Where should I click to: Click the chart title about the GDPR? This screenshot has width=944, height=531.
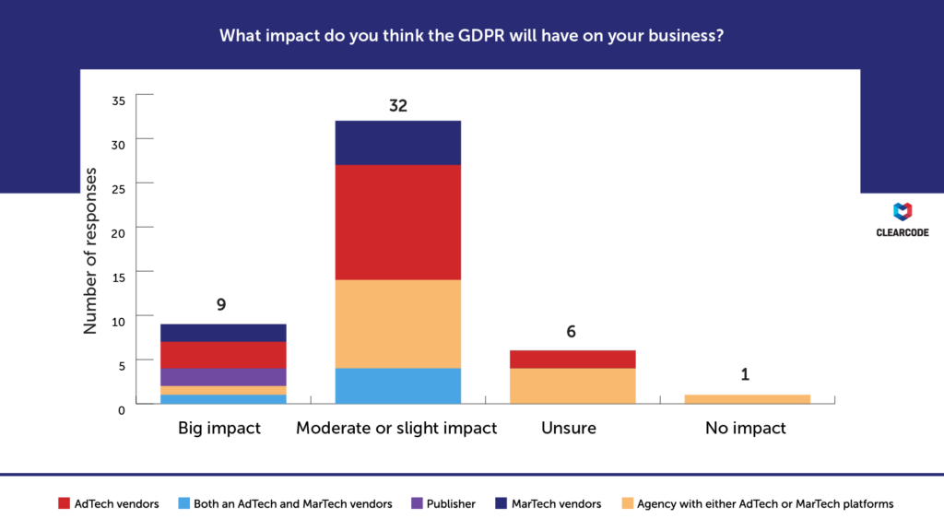pos(471,37)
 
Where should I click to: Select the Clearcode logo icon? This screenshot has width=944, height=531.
pos(903,212)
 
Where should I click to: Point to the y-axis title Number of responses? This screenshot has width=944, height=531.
pos(90,250)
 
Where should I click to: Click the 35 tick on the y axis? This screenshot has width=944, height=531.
pos(117,100)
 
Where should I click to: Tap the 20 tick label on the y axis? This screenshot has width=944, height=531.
pos(117,228)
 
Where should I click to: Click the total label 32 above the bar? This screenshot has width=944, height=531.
pos(397,106)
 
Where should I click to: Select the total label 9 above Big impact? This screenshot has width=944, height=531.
pos(221,305)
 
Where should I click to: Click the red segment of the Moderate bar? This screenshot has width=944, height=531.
pos(397,222)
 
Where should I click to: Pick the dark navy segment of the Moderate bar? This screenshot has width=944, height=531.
pos(397,143)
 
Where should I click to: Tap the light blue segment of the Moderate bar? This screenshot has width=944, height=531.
pos(397,385)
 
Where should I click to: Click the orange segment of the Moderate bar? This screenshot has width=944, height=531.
pos(397,324)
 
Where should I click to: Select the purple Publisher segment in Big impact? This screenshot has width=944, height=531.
pos(222,377)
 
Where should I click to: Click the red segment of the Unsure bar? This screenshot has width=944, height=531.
pos(572,359)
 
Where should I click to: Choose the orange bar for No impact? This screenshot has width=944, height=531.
pos(747,399)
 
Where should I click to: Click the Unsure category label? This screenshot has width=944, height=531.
pos(569,429)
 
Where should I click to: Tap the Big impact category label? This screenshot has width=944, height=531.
pos(219,429)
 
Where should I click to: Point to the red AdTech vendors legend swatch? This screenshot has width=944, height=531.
pos(64,503)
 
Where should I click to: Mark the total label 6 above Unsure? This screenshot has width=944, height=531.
pos(572,332)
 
